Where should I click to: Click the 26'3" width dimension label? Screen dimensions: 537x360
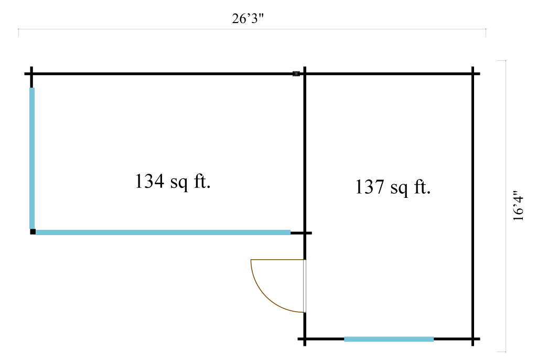248,18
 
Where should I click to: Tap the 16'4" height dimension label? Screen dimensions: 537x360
518,206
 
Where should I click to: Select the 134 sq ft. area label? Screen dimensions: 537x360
173,182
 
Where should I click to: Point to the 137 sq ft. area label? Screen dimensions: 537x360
393,187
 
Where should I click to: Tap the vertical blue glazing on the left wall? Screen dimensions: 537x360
32,158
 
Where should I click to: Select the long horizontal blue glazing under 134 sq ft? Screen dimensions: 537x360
163,232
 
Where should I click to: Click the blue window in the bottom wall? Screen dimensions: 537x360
389,339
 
